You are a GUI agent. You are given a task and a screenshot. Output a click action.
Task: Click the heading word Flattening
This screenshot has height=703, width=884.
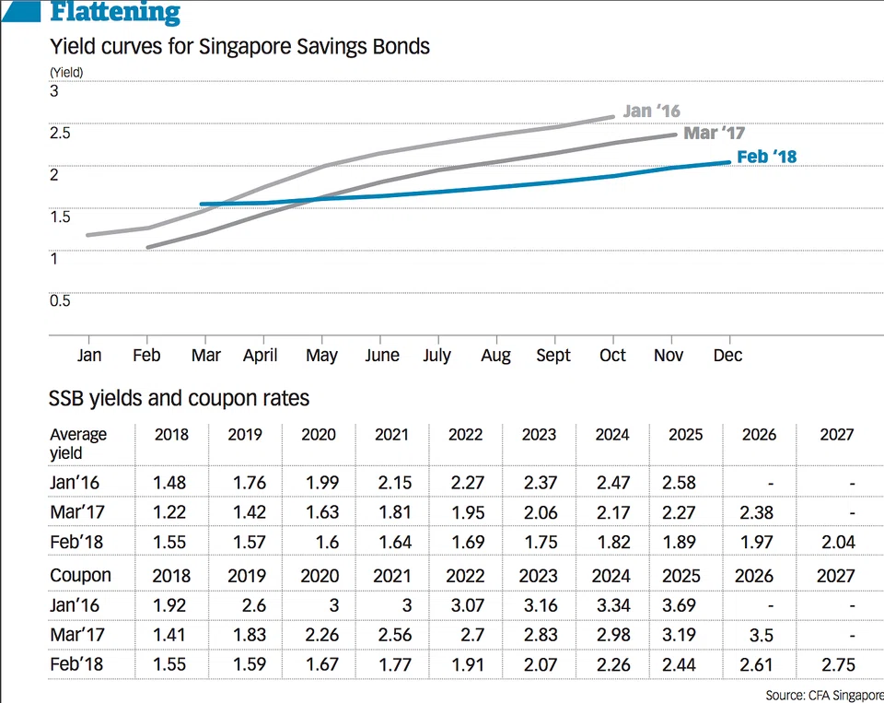click(115, 13)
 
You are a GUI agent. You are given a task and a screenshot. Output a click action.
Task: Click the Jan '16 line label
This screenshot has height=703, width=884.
click(652, 111)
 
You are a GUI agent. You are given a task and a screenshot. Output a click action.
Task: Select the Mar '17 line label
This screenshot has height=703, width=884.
click(715, 134)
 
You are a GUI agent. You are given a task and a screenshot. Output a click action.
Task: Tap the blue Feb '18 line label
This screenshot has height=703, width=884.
click(767, 157)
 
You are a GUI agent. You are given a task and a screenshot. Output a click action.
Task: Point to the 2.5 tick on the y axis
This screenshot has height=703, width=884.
click(60, 133)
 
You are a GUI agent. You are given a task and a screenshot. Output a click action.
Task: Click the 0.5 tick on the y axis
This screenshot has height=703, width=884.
click(60, 300)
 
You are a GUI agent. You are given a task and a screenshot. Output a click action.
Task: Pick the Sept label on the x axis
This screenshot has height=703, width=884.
click(552, 356)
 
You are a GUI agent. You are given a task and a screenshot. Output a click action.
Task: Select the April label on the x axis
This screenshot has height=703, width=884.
click(261, 356)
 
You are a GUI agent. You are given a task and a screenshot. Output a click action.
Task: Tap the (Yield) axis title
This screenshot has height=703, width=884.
click(66, 72)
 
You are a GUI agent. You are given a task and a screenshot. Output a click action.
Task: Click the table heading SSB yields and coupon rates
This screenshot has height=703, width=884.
click(179, 399)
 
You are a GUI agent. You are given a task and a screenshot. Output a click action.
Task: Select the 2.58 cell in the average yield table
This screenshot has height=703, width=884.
click(685, 483)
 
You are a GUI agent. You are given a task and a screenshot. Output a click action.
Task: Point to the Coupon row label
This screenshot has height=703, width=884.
click(80, 576)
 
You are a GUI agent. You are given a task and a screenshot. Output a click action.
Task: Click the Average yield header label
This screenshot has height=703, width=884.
click(78, 443)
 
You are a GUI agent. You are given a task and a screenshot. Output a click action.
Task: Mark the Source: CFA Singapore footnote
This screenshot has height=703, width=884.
click(823, 694)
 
